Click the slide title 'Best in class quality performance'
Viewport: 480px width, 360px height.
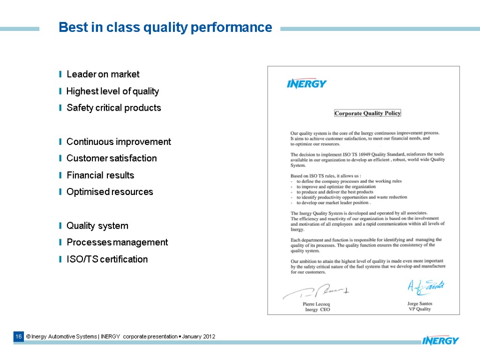pos(165,28)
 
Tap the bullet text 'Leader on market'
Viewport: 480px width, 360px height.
pos(103,74)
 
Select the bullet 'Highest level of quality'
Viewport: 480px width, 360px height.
pos(112,91)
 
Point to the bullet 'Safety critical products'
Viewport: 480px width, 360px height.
pos(114,108)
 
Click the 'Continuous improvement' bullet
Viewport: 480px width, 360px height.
pos(119,142)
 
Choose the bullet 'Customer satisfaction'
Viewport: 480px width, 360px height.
pos(112,158)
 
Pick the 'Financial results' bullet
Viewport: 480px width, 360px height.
pos(100,175)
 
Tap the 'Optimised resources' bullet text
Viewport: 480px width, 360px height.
pos(110,192)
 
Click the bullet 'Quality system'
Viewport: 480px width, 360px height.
pos(97,226)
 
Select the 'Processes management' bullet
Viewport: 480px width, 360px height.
pos(117,242)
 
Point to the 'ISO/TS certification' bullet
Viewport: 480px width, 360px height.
pos(107,259)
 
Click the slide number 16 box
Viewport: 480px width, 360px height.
pos(18,337)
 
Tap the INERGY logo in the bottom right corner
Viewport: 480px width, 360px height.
pos(440,340)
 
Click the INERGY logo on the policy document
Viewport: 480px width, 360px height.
pos(307,84)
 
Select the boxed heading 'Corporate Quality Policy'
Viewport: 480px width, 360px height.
pos(367,113)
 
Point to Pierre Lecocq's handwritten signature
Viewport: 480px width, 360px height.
pos(316,292)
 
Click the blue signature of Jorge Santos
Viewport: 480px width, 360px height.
pos(425,287)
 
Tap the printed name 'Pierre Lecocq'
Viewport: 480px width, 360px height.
pos(316,304)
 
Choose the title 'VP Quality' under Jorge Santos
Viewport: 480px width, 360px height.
pos(420,309)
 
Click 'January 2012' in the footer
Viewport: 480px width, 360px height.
pos(199,337)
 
